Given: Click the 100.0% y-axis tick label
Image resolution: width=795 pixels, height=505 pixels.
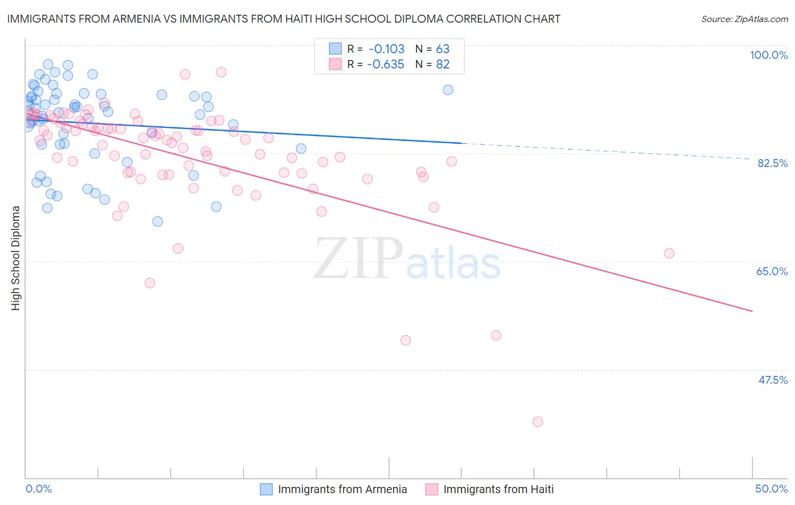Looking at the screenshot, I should pyautogui.click(x=768, y=55).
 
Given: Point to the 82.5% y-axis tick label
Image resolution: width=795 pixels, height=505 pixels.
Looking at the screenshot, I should pyautogui.click(x=772, y=163).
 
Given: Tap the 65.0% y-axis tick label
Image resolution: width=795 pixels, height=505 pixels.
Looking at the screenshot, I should pyautogui.click(x=772, y=271).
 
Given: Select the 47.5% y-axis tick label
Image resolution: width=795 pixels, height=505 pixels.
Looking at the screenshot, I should pyautogui.click(x=772, y=380).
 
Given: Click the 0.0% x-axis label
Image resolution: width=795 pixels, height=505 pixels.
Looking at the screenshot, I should pyautogui.click(x=38, y=489).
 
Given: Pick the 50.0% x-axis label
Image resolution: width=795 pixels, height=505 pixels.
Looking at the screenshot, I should pyautogui.click(x=771, y=489).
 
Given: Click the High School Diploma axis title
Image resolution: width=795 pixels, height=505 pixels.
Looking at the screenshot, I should pyautogui.click(x=16, y=258).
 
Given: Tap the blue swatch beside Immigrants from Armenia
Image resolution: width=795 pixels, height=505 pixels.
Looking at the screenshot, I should pyautogui.click(x=266, y=489).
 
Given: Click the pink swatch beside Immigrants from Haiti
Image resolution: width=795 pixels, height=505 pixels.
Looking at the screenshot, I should pyautogui.click(x=432, y=489).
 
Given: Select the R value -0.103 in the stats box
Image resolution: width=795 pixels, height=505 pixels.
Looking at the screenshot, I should pyautogui.click(x=386, y=49).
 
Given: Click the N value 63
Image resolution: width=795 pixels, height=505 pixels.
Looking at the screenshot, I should pyautogui.click(x=442, y=49).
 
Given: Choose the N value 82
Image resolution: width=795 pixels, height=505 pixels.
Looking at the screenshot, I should pyautogui.click(x=442, y=65).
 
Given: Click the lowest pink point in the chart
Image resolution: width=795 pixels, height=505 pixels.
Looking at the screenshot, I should pyautogui.click(x=538, y=422).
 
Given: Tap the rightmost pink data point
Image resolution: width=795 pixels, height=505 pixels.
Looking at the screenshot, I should pyautogui.click(x=669, y=253).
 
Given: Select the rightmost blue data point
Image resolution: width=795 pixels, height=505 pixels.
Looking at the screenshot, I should pyautogui.click(x=448, y=89).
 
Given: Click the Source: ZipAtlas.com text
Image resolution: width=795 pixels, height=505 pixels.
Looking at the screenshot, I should pyautogui.click(x=744, y=19).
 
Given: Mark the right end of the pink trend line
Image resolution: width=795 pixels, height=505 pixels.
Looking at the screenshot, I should pyautogui.click(x=752, y=311).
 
